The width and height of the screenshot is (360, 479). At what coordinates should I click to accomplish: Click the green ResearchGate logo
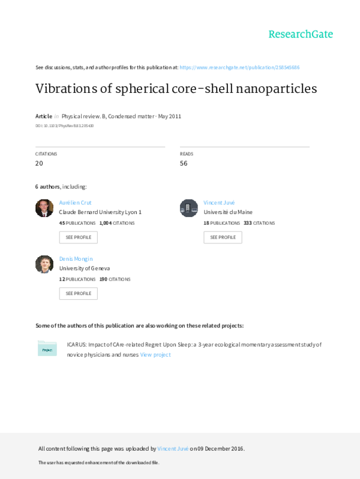(300, 34)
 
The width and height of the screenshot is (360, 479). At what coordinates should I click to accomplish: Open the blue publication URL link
(239, 67)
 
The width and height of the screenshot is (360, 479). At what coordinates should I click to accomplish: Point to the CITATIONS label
(46, 154)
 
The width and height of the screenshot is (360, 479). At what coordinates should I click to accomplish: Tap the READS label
(186, 154)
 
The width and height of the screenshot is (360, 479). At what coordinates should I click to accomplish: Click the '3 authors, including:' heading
(61, 186)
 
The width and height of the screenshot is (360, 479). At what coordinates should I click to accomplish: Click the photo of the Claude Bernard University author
(44, 208)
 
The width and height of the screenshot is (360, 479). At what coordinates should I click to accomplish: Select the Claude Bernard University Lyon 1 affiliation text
(100, 212)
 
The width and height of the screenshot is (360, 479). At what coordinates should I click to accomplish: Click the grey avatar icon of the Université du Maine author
(188, 208)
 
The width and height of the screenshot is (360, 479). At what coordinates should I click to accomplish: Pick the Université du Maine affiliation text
(228, 212)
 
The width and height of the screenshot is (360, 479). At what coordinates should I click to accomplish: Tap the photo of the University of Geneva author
(44, 264)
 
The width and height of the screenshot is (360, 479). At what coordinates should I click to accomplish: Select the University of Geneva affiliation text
(84, 269)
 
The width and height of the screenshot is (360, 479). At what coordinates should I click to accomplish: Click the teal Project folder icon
(47, 348)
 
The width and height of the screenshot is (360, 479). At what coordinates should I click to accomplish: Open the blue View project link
(155, 355)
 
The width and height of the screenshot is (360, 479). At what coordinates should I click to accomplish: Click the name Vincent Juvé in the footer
(173, 448)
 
